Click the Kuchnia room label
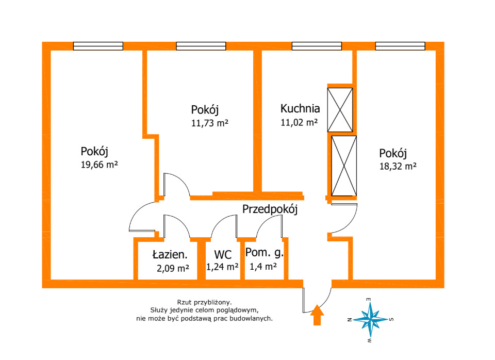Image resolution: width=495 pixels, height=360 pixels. [300, 109]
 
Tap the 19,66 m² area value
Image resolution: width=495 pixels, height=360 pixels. [100, 165]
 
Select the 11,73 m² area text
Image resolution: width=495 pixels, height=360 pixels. [210, 123]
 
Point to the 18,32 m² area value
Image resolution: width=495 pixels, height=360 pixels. [398, 166]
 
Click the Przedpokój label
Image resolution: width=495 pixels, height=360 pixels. [270, 209]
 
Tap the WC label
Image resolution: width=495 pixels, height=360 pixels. [223, 254]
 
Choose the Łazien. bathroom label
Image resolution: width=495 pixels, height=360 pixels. [170, 254]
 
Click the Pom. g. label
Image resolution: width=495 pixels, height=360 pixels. [265, 253]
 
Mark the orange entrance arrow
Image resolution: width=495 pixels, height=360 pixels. [317, 315]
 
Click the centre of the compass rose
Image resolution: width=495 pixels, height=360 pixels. [371, 320]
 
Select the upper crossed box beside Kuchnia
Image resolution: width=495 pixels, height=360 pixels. [340, 110]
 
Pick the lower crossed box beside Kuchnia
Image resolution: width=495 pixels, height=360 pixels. [344, 166]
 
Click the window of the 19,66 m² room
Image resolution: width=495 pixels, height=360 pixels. [98, 46]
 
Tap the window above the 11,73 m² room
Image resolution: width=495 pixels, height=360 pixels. [201, 46]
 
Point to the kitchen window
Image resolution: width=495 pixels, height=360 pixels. [317, 46]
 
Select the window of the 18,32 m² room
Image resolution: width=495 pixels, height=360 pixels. [400, 46]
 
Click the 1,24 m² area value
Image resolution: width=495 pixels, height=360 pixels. [222, 267]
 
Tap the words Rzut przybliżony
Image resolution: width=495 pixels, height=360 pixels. [204, 303]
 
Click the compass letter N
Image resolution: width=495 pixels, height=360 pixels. [350, 320]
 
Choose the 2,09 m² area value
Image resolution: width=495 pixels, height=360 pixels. [173, 268]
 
